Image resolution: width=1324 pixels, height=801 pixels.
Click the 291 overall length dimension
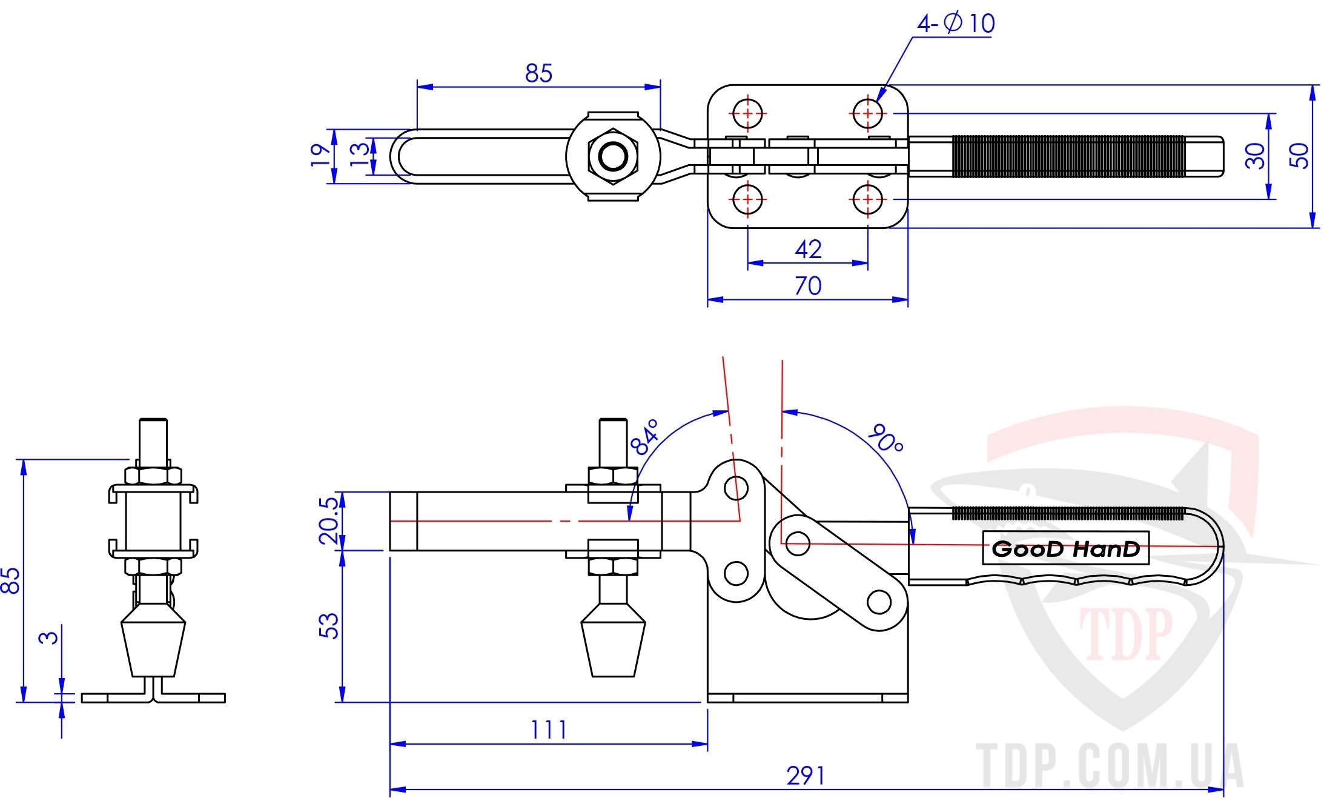pyautogui.click(x=806, y=776)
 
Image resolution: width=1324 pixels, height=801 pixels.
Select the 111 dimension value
pyautogui.click(x=549, y=730)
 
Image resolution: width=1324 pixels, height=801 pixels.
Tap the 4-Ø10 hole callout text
pyautogui.click(x=956, y=23)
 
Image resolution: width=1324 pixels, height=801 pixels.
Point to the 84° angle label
pyautogui.click(x=644, y=437)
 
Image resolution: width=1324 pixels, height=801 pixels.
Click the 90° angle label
pyautogui.click(x=885, y=439)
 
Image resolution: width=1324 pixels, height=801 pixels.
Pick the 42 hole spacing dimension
pyautogui.click(x=808, y=249)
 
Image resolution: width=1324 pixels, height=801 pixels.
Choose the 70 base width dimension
pyautogui.click(x=808, y=285)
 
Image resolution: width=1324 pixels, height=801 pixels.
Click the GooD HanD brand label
pyautogui.click(x=1065, y=549)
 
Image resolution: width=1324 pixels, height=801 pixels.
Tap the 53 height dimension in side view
pyautogui.click(x=329, y=625)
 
